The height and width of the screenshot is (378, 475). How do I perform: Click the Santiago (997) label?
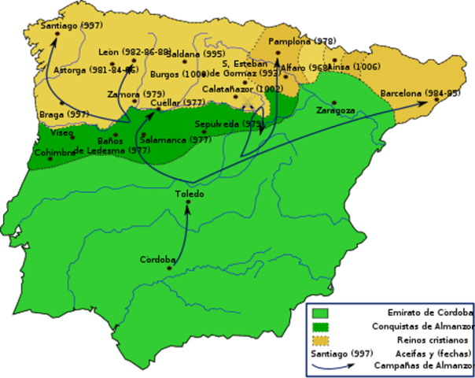72,26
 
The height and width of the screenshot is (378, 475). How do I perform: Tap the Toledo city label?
190,194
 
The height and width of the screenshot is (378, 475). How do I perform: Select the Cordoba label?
157,259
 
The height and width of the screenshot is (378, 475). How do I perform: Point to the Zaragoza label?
335,111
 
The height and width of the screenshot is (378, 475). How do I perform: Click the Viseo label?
61,133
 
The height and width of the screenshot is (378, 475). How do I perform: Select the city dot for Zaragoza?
334,102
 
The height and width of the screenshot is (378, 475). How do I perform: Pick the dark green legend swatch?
319,327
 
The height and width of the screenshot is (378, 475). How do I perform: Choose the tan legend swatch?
319,341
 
